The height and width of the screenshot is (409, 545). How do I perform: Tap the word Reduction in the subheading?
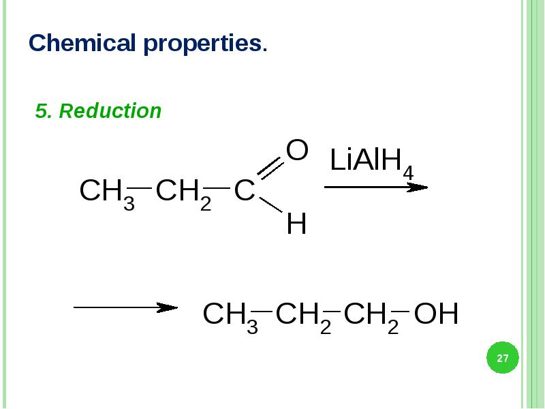pyautogui.click(x=110, y=111)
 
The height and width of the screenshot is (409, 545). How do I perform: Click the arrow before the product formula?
pyautogui.click(x=125, y=307)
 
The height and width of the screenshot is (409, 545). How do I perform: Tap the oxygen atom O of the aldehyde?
pyautogui.click(x=297, y=151)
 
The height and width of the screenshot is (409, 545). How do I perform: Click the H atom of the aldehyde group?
pyautogui.click(x=296, y=224)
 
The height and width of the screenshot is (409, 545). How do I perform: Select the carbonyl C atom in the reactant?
pyautogui.click(x=244, y=192)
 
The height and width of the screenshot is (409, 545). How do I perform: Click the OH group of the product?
pyautogui.click(x=436, y=315)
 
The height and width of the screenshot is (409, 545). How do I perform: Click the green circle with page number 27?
pyautogui.click(x=503, y=358)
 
